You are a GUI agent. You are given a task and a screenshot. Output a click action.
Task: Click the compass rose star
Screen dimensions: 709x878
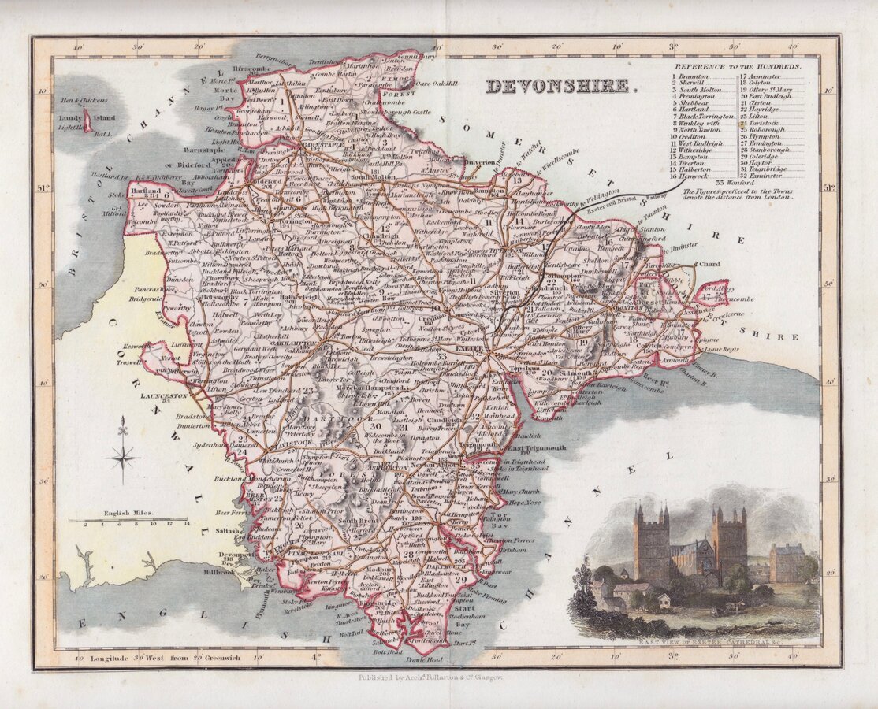click(x=123, y=456)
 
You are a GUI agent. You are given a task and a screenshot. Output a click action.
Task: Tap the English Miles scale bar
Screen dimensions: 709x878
click(x=128, y=520)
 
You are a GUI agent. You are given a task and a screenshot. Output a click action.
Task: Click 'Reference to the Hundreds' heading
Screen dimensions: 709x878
click(x=737, y=67)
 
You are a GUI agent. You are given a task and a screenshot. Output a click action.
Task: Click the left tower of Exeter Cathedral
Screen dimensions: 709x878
click(x=651, y=544)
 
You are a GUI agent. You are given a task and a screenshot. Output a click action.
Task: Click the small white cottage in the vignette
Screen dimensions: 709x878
click(x=664, y=601)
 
